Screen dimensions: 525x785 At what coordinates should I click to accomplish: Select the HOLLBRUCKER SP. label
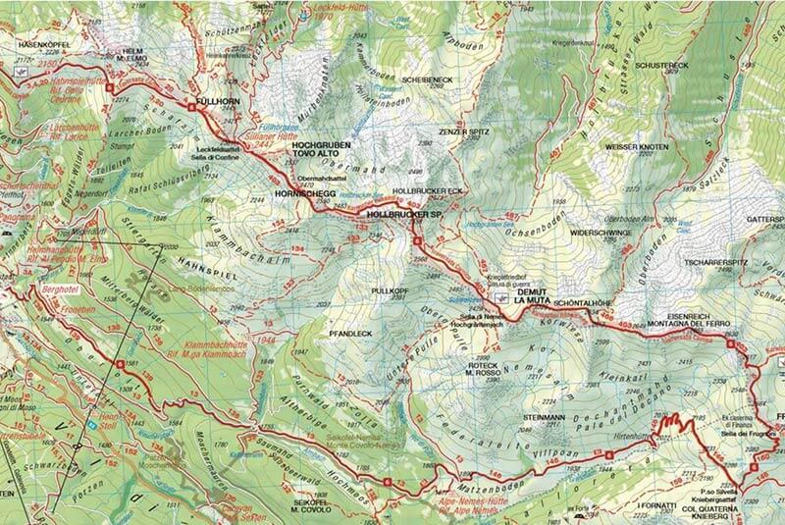tap(405, 213)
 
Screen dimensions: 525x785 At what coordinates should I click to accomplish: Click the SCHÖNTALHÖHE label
tap(586, 303)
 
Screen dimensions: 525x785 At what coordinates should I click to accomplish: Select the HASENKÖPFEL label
tap(39, 44)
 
